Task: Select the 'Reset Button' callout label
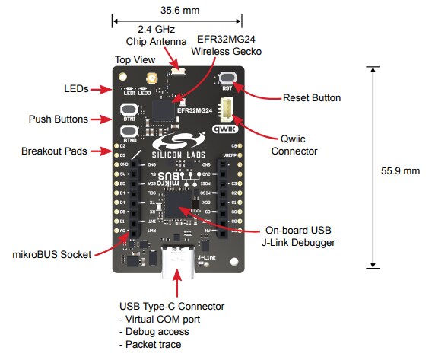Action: (311, 98)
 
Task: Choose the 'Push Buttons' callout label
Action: (58, 119)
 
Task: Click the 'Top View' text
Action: (134, 59)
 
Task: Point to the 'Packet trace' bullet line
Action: (151, 345)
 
